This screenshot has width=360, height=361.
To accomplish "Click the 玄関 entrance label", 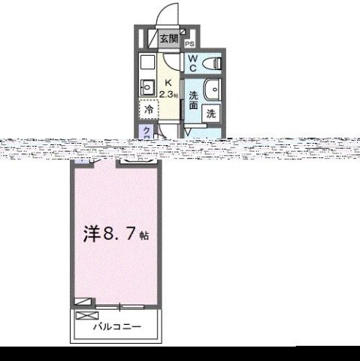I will (168, 38).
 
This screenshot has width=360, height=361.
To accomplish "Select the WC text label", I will (192, 63).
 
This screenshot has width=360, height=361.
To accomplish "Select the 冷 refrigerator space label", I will (149, 109).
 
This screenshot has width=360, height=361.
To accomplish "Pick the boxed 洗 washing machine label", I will (211, 114).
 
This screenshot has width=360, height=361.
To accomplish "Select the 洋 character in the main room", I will (91, 234).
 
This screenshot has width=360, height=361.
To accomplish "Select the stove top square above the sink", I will (147, 62).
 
